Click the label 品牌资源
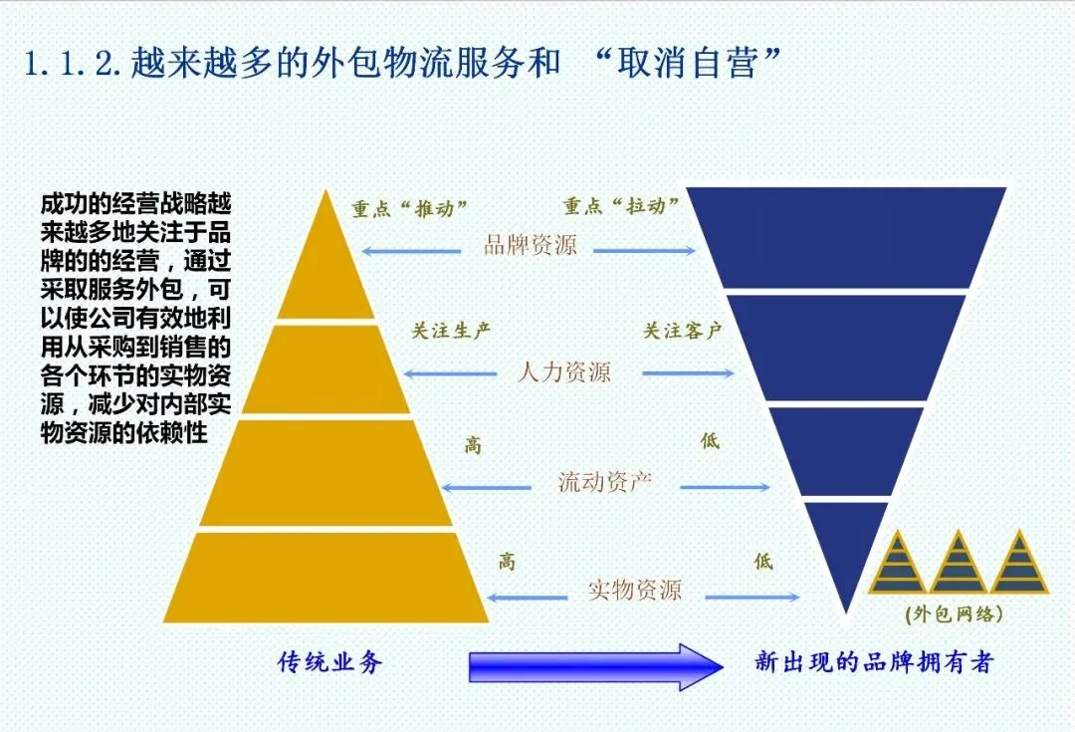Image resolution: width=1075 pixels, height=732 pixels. point(530,245)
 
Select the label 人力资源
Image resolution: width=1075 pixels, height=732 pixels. point(563,372)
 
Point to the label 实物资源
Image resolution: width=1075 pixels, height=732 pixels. point(634,590)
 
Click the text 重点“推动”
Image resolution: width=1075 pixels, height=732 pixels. point(408,209)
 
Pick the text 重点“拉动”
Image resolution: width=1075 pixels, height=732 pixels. point(621,206)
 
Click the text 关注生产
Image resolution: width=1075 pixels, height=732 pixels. point(451,331)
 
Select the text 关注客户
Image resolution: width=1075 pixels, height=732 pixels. point(682,331)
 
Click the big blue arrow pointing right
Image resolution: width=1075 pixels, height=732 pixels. point(595,665)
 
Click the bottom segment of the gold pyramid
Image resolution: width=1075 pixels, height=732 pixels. point(325,578)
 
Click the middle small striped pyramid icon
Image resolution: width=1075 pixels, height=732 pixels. point(959,564)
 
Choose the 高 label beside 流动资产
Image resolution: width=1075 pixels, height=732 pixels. point(473,445)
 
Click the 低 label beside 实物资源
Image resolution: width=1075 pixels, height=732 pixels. point(762,562)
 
